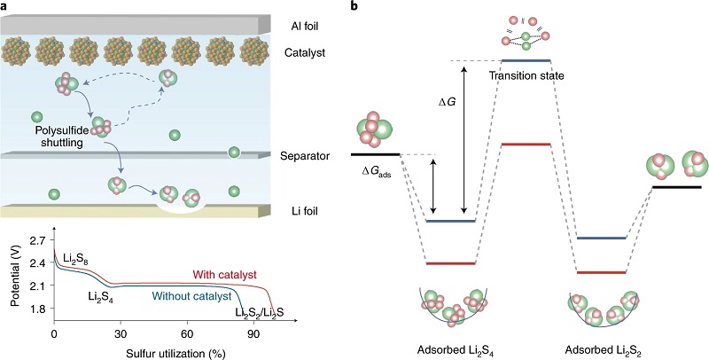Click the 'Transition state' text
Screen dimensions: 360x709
(526, 75)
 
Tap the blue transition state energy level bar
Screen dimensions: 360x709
(526, 60)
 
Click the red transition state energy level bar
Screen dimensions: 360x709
(526, 144)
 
